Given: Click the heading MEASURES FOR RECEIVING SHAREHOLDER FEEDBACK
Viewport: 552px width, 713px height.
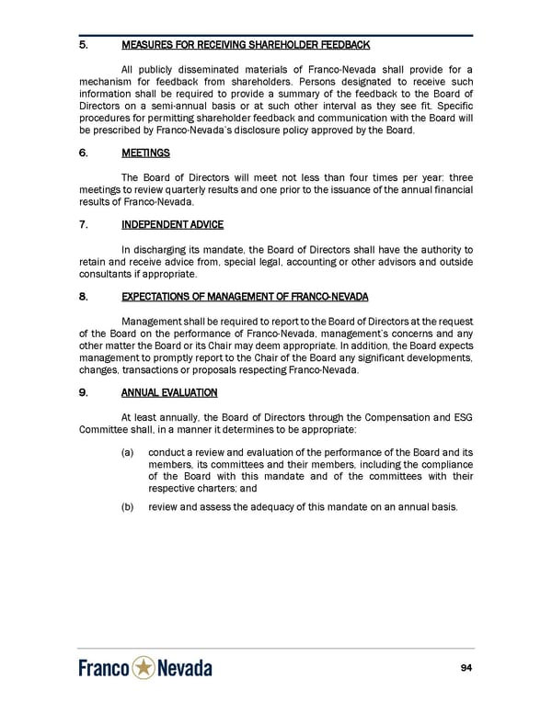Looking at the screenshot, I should pos(246,45).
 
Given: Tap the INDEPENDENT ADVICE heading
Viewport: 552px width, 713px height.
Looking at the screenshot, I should pos(172,224).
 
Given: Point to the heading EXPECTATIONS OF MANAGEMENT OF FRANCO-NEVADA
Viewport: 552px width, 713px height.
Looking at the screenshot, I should pos(245,296).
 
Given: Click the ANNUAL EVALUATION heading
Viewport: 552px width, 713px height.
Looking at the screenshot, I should pos(169,392).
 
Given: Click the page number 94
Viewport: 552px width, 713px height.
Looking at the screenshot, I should pos(466,667).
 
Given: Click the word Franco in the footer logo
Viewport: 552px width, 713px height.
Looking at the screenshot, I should pos(103,668).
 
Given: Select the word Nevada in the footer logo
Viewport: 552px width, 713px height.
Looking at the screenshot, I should pos(184,668).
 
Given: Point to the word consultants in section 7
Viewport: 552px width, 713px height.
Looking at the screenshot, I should pos(105,274).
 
